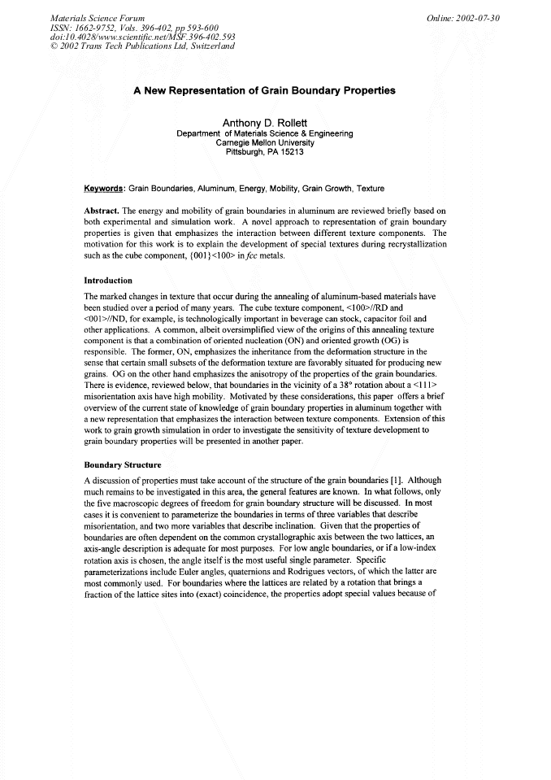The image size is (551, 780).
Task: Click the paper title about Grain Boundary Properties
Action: pyautogui.click(x=264, y=90)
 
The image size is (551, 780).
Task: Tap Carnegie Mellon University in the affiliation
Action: pyautogui.click(x=264, y=142)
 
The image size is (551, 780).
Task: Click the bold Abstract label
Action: pyautogui.click(x=102, y=210)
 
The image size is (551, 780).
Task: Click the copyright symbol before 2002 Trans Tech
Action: pyautogui.click(x=54, y=46)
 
